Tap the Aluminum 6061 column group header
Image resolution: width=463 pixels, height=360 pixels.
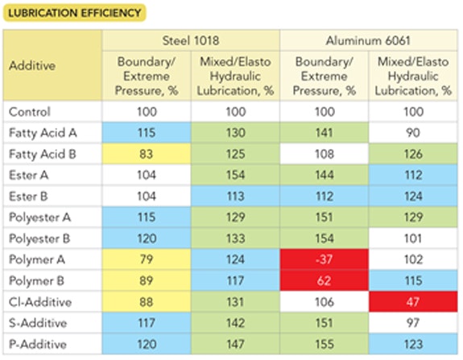tap(368, 40)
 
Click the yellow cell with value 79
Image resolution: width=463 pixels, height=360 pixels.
tap(145, 259)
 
